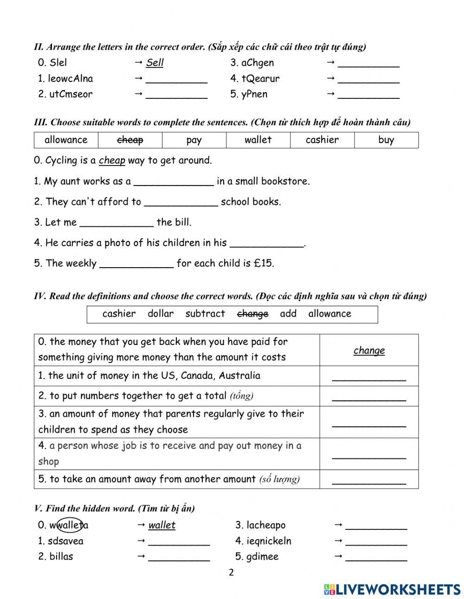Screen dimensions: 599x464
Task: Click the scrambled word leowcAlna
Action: pyautogui.click(x=70, y=78)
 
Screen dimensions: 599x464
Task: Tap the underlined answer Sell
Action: pyautogui.click(x=155, y=63)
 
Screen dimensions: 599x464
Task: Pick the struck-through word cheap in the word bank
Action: pyautogui.click(x=130, y=140)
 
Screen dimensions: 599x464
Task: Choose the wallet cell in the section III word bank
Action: pyautogui.click(x=258, y=140)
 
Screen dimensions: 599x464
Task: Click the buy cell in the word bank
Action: pyautogui.click(x=386, y=140)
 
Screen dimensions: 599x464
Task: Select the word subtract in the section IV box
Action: pyautogui.click(x=205, y=314)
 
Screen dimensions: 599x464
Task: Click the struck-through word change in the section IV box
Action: pyautogui.click(x=252, y=314)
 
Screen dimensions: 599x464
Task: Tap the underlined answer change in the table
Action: pyautogui.click(x=369, y=350)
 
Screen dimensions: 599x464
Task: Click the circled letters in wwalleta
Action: pyautogui.click(x=70, y=525)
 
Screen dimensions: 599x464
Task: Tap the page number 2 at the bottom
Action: pyautogui.click(x=231, y=573)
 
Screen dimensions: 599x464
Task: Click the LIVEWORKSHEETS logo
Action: pyautogui.click(x=392, y=589)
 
